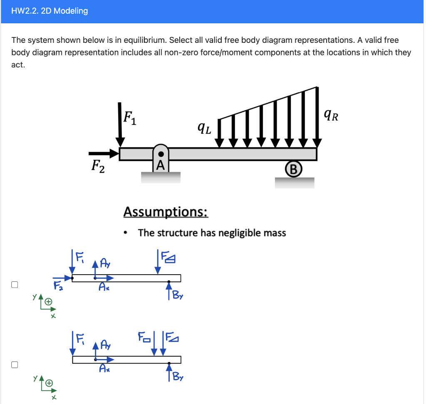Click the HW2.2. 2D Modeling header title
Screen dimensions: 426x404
tap(50, 11)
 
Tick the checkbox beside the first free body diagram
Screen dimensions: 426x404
tap(15, 285)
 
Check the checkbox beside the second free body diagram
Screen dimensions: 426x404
tap(15, 364)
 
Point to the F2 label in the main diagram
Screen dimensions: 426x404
tap(98, 167)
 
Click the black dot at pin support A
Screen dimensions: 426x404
tap(161, 154)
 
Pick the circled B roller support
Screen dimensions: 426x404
tap(293, 169)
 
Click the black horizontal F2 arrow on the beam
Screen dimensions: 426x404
tap(109, 154)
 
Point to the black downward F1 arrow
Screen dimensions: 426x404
tap(120, 125)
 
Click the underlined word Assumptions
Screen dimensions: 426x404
tap(166, 212)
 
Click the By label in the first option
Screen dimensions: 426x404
tap(178, 296)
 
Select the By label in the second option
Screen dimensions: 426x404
tap(178, 377)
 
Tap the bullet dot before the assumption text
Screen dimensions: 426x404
tap(126, 233)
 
